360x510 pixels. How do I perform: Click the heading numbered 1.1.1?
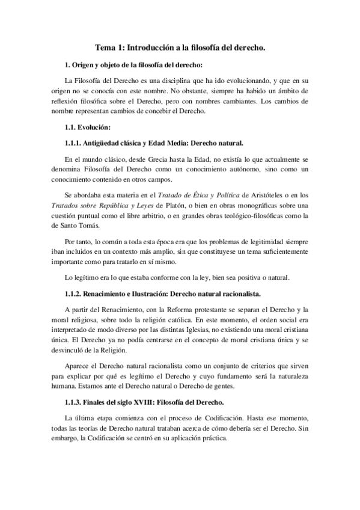[x=154, y=143]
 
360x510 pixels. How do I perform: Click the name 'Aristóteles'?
[x=265, y=195]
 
